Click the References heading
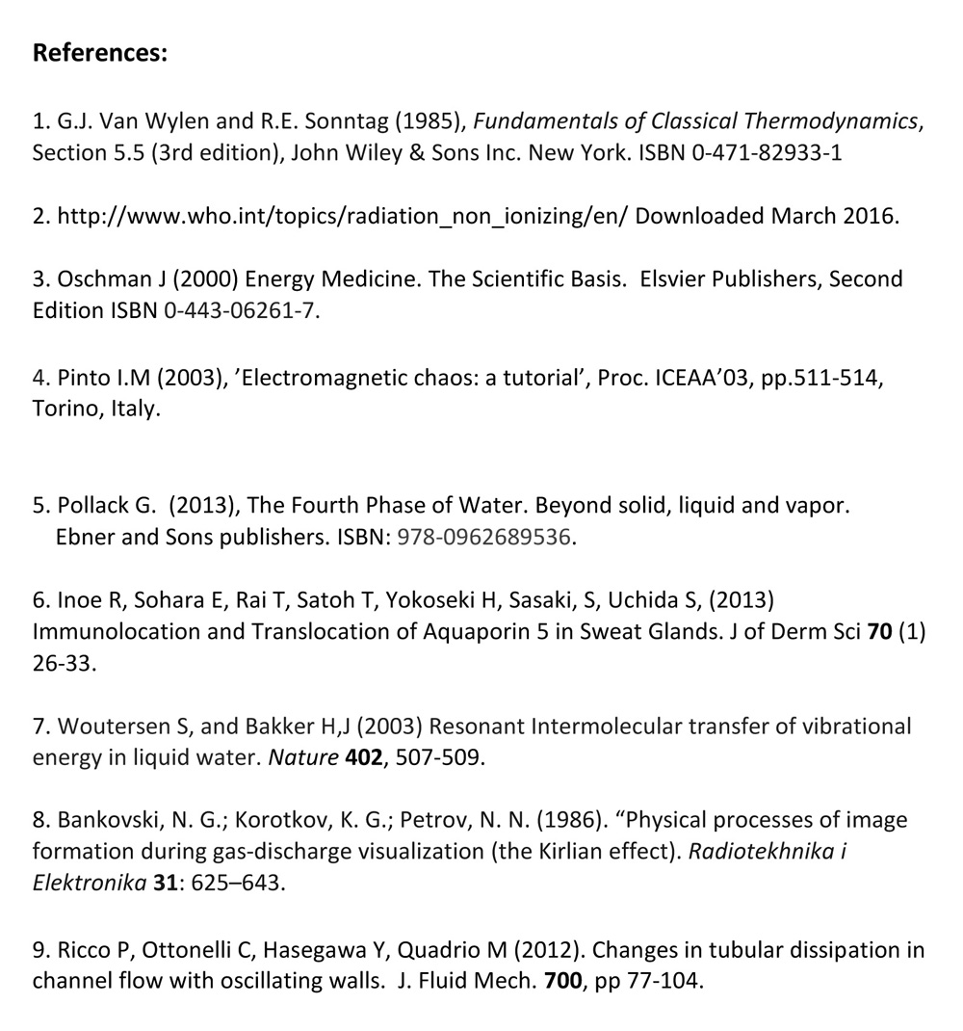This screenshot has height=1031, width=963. click(100, 53)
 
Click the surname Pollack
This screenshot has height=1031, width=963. click(95, 506)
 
